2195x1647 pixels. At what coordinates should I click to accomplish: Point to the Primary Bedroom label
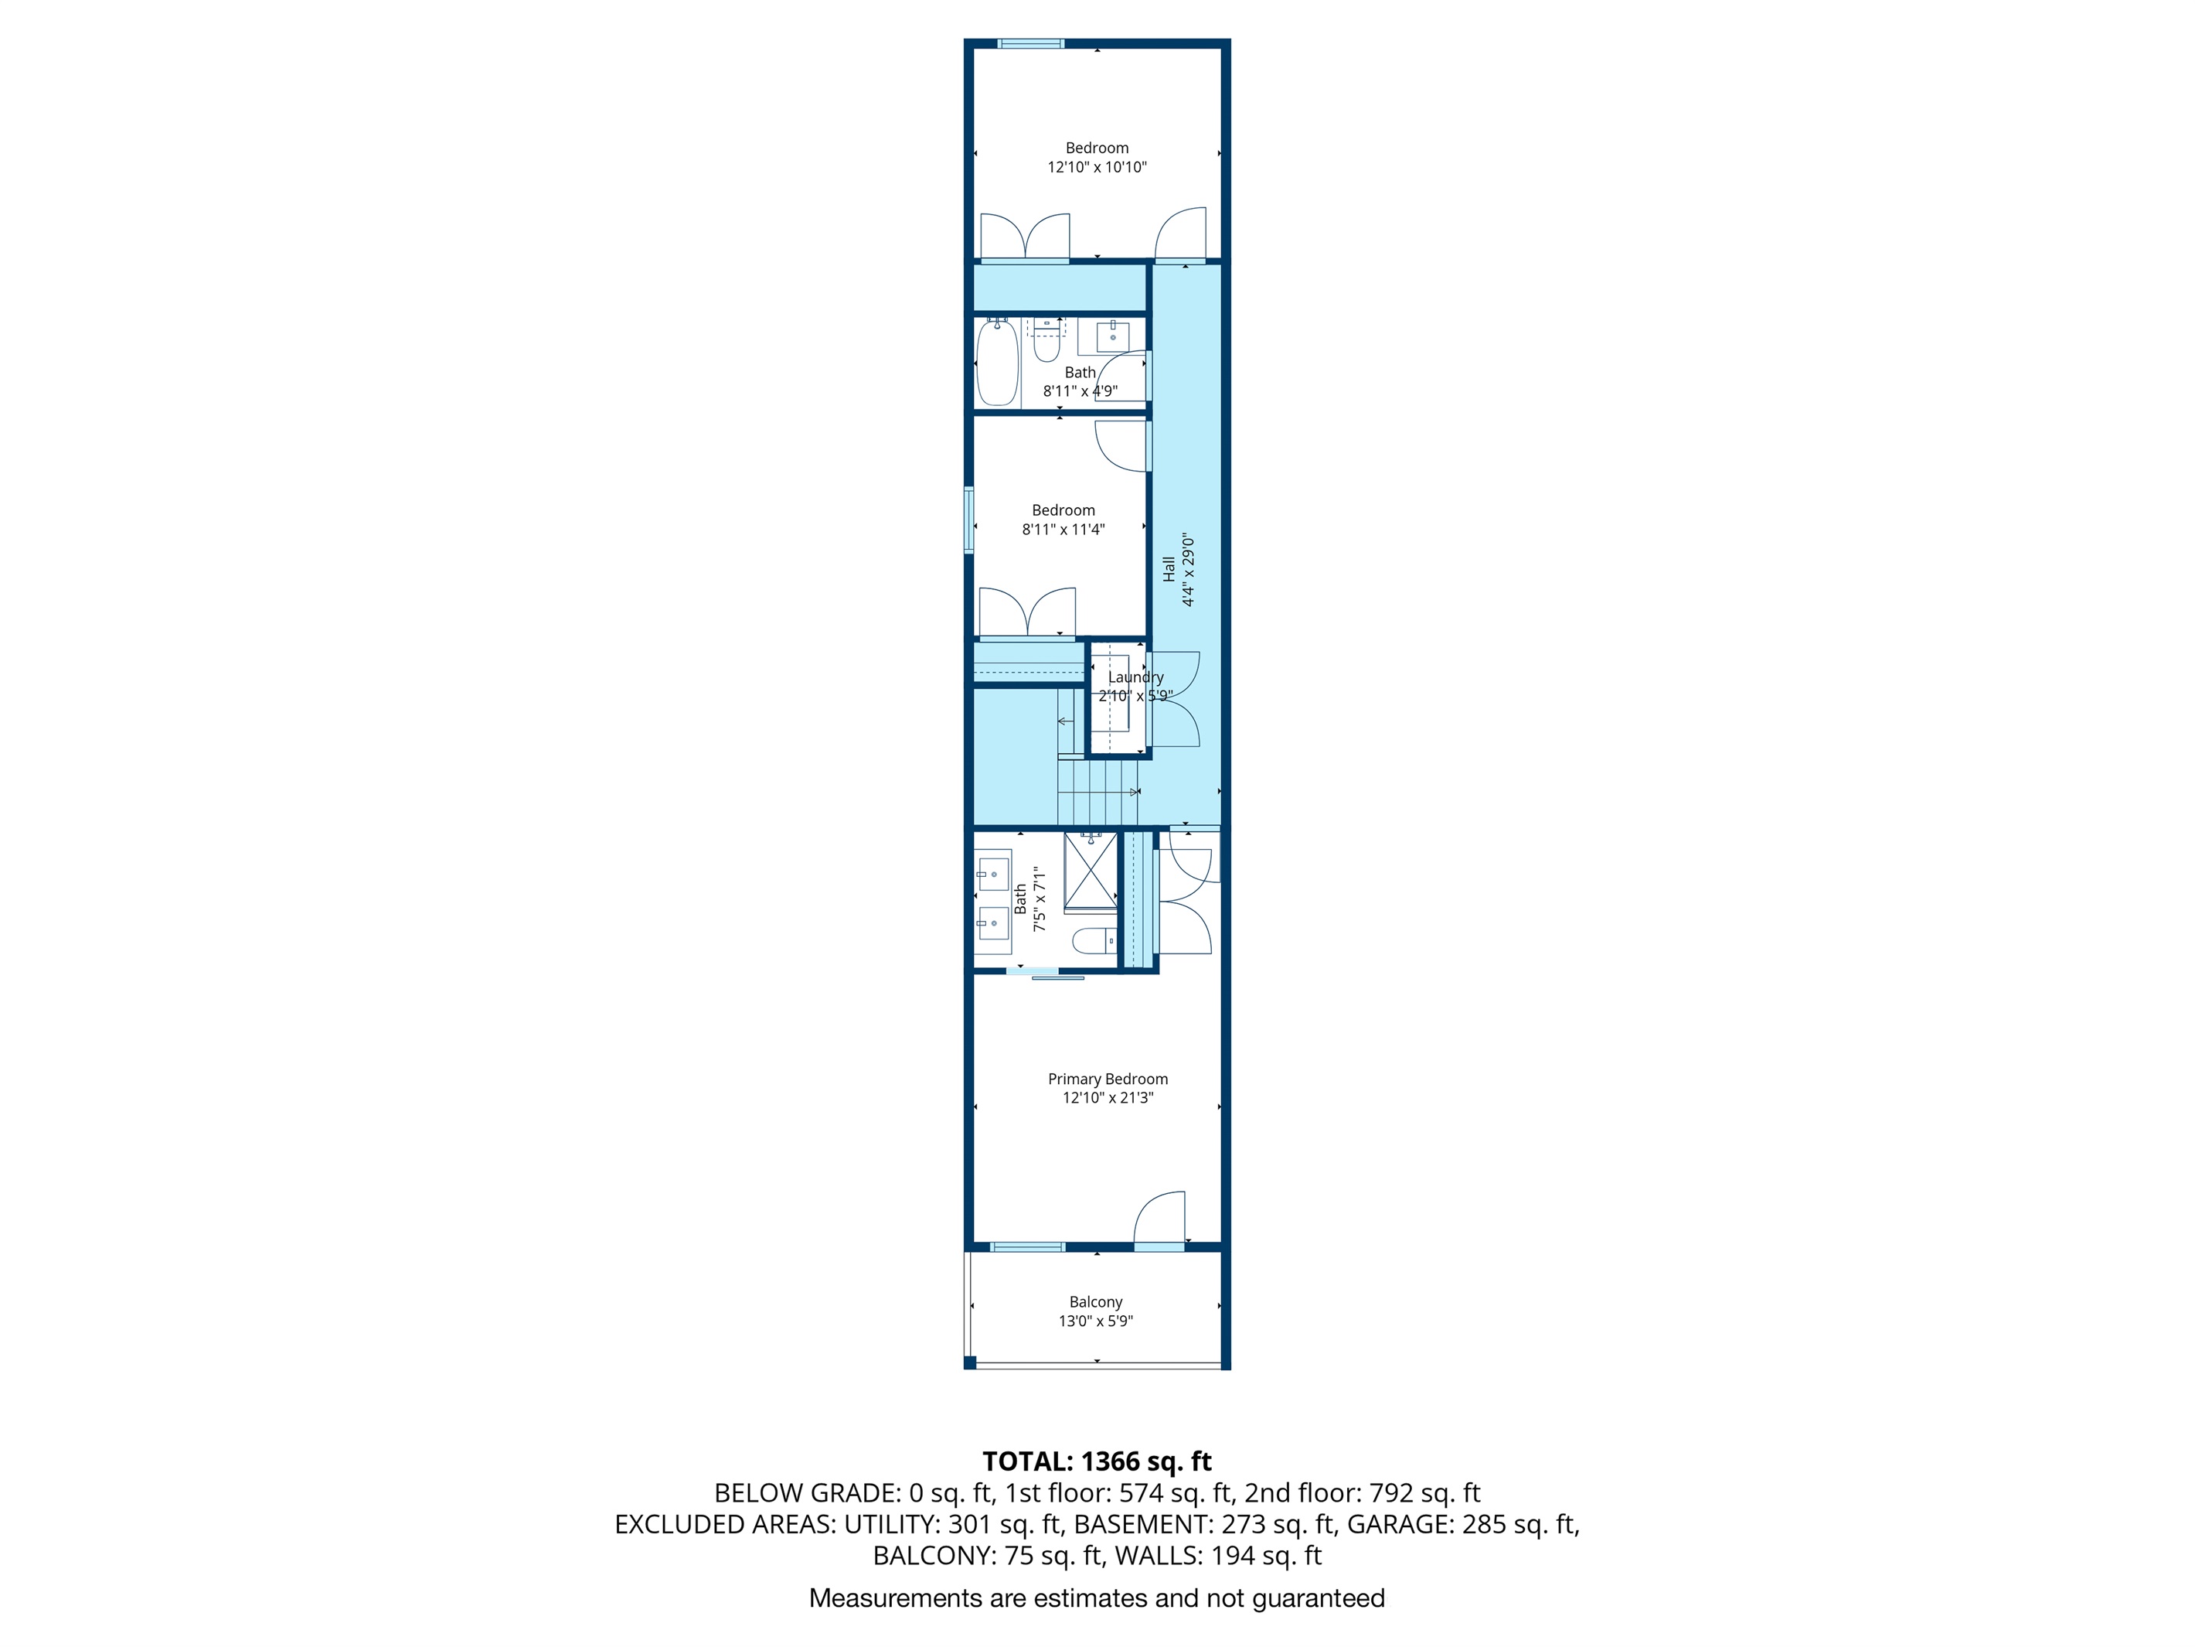[1108, 1079]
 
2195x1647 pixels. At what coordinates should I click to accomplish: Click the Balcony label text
[1095, 1301]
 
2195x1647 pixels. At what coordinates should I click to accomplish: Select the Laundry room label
[1135, 677]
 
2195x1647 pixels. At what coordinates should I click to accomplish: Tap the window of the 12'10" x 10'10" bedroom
[1030, 43]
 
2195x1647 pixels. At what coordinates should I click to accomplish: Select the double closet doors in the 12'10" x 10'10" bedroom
[1025, 238]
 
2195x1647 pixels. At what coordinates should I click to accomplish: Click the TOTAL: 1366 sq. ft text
[1097, 1461]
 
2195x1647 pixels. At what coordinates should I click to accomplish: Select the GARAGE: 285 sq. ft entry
[1462, 1524]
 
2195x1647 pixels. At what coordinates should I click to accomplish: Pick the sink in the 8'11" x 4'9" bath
[1112, 336]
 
